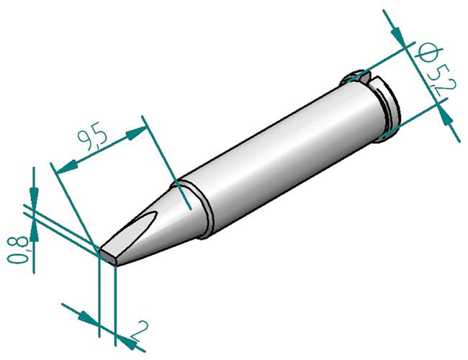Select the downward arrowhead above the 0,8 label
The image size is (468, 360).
click(32, 196)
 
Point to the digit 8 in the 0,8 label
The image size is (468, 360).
click(15, 239)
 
